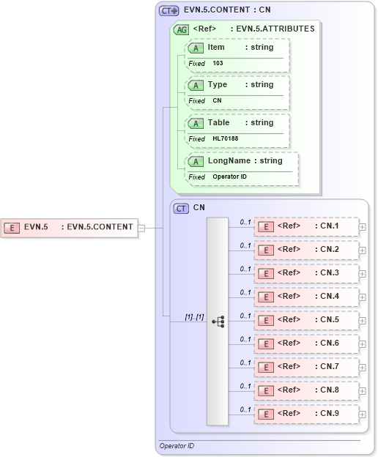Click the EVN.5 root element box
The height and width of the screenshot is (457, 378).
click(70, 227)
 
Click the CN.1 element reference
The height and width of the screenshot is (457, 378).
click(307, 226)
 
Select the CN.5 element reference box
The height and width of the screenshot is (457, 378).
click(307, 320)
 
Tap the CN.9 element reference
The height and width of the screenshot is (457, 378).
click(307, 414)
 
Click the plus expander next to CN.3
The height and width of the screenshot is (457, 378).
click(363, 274)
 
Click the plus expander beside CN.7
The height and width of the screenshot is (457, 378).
click(363, 368)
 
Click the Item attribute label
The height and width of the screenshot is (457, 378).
click(216, 48)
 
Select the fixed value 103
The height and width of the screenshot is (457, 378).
click(218, 64)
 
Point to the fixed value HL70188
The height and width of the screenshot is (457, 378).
click(226, 138)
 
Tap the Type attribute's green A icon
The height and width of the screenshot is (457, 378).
click(196, 85)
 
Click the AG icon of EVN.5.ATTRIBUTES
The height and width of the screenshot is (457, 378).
click(180, 29)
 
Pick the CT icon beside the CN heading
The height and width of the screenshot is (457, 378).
click(181, 208)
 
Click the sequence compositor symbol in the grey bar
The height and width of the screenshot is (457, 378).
click(218, 322)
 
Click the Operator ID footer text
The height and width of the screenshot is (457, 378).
click(177, 445)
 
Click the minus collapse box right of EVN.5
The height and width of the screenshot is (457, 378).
click(141, 227)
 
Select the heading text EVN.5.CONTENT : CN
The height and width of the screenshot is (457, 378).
click(227, 10)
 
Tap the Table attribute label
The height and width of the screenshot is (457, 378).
click(218, 122)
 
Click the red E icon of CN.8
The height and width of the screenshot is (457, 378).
click(267, 390)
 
